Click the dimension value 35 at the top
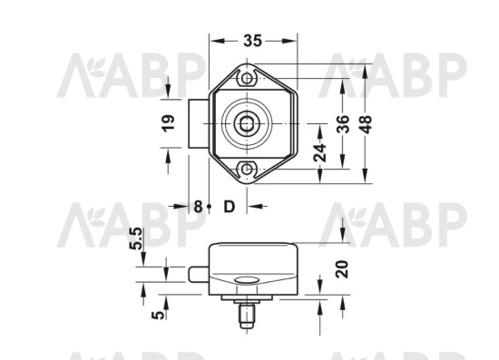(x=253, y=41)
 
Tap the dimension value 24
(x=319, y=151)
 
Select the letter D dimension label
(x=229, y=207)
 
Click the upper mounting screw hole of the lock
(x=247, y=79)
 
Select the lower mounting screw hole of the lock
(x=247, y=169)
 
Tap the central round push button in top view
(x=247, y=123)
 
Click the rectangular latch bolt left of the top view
(x=200, y=123)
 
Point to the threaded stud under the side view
(x=244, y=316)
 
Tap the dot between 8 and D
(x=210, y=207)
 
